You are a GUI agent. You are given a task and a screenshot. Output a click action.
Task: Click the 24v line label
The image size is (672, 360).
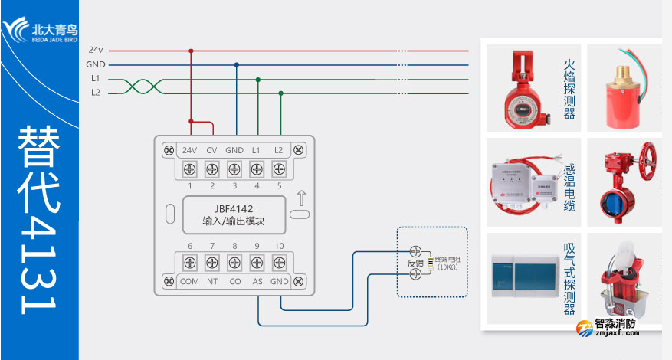95,50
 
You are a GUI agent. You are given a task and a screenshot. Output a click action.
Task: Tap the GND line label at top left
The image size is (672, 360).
96,64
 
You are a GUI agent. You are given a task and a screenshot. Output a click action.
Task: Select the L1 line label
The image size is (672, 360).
95,78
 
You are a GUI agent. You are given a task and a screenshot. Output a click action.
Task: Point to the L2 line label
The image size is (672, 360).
95,93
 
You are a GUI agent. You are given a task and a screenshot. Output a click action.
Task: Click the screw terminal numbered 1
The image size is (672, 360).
190,169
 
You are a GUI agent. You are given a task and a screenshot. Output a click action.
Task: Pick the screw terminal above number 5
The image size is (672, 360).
280,169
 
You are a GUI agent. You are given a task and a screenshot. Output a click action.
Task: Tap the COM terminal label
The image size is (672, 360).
189,281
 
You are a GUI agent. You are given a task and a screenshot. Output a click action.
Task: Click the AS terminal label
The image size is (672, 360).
257,281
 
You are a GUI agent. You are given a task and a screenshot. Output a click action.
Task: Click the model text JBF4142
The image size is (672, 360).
234,208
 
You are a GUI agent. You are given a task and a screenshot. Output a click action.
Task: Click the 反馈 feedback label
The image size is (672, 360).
415,263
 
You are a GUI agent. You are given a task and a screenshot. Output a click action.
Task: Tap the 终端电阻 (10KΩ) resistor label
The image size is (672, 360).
447,262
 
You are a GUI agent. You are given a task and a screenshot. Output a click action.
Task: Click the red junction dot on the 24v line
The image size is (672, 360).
190,51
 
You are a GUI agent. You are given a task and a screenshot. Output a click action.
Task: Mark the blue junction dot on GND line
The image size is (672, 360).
236,65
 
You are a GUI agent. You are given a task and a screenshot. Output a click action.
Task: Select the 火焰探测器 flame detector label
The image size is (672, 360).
569,90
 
